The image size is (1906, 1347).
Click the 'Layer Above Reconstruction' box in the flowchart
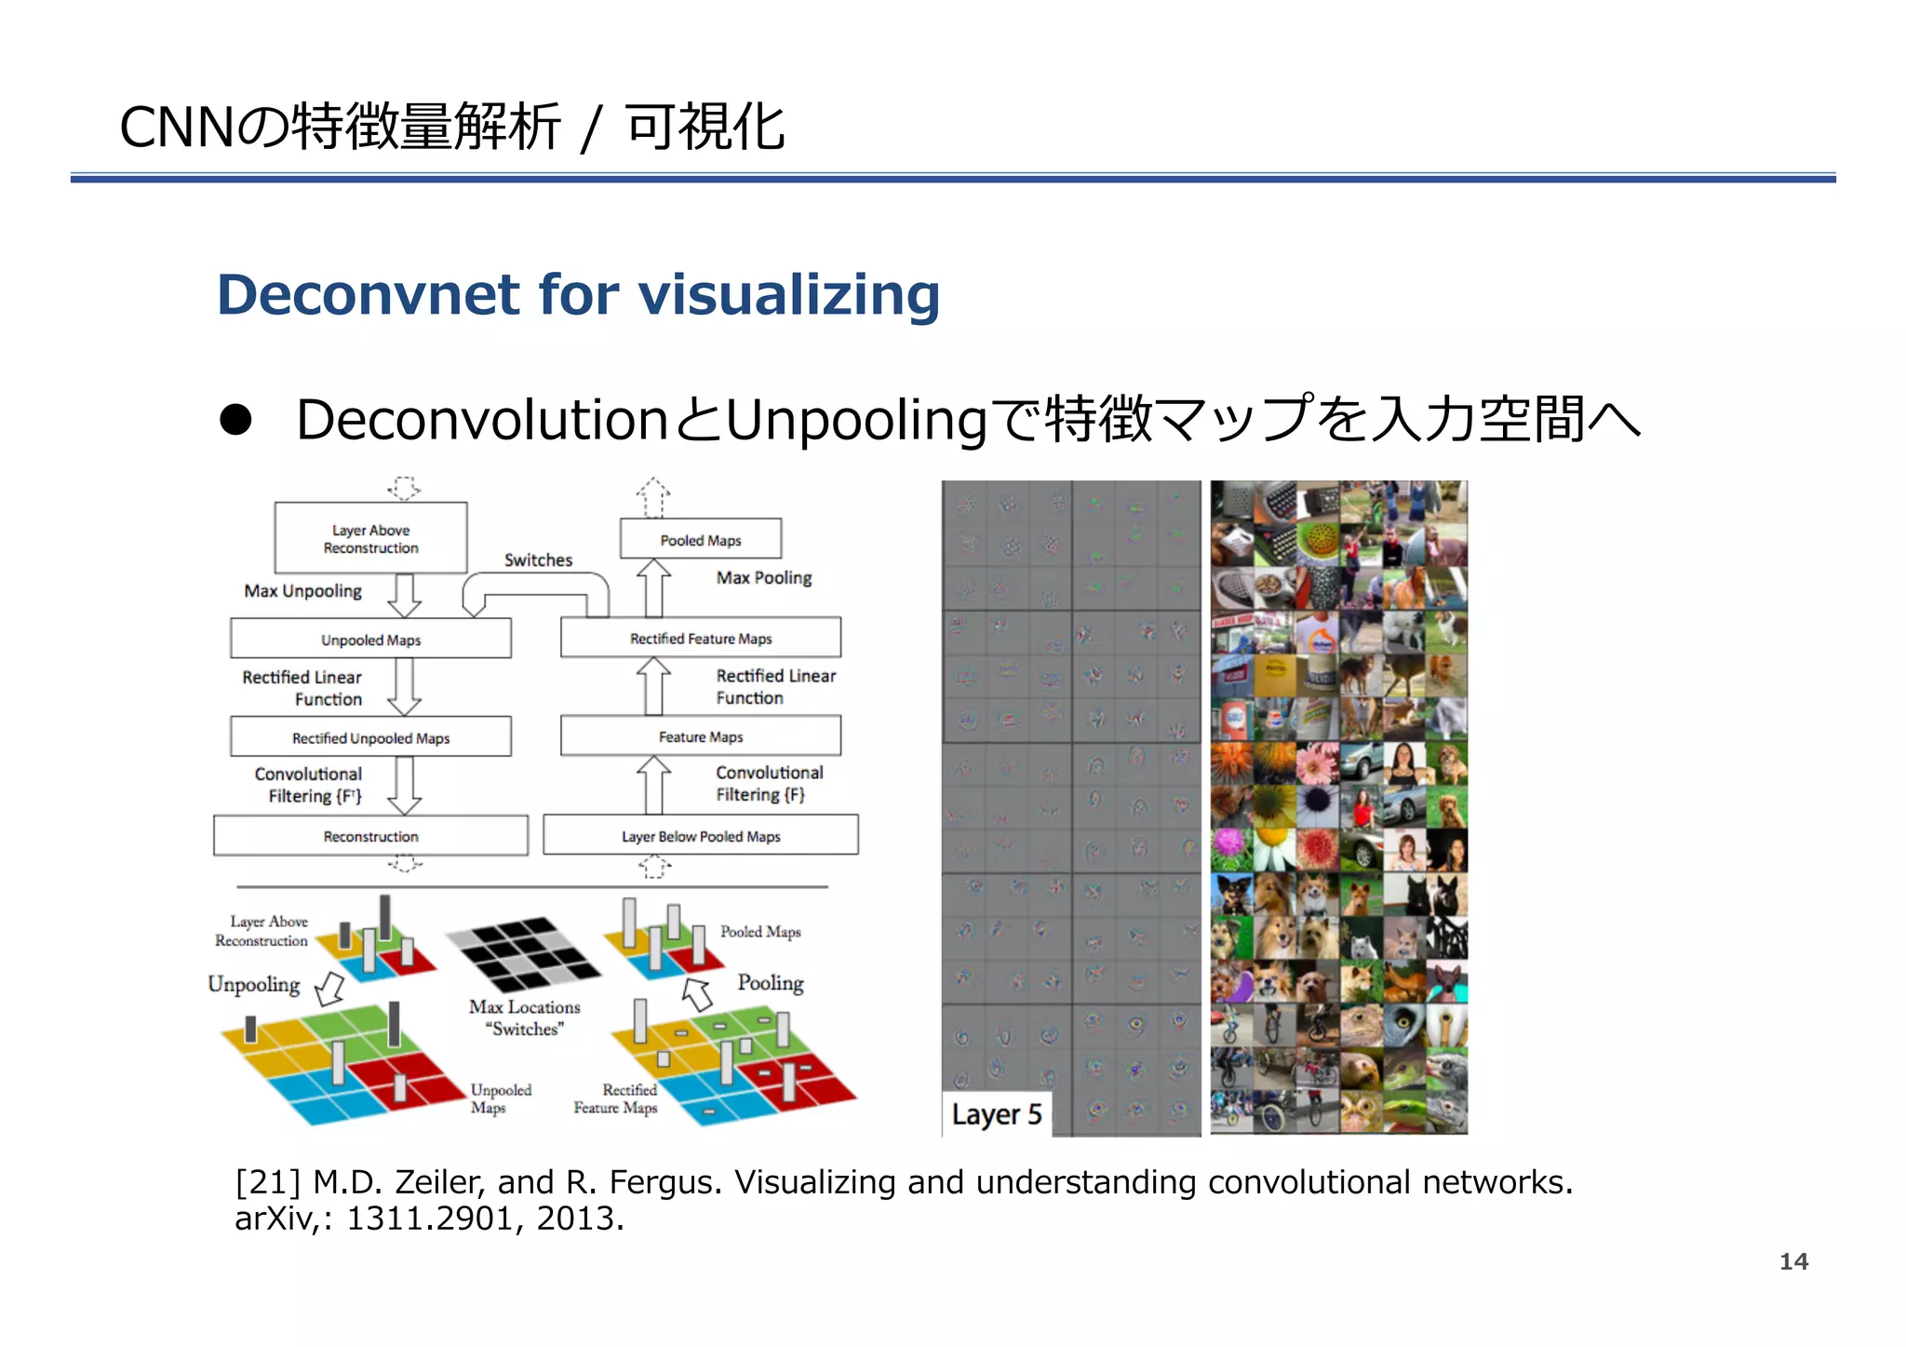(x=370, y=538)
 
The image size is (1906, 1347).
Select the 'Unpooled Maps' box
(x=370, y=640)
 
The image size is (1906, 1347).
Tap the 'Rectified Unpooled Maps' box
(x=370, y=737)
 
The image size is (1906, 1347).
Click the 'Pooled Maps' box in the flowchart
(x=700, y=540)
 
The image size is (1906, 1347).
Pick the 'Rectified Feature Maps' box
(x=700, y=639)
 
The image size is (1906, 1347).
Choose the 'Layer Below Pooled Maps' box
(x=700, y=836)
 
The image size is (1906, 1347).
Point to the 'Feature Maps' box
(x=700, y=736)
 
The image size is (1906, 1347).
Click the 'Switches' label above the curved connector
(x=538, y=559)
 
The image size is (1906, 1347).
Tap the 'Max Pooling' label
(x=763, y=577)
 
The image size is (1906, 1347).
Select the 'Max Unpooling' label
(x=302, y=590)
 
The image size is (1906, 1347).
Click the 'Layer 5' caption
(x=996, y=1114)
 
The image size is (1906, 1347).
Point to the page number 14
(x=1792, y=1261)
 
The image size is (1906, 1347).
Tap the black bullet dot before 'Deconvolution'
(x=235, y=420)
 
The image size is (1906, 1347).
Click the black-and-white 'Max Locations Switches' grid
(x=524, y=954)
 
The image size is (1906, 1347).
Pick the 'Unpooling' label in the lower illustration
(x=253, y=984)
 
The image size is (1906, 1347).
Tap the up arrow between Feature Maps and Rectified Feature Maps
(x=653, y=686)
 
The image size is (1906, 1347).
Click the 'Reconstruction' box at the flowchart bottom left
(x=370, y=836)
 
